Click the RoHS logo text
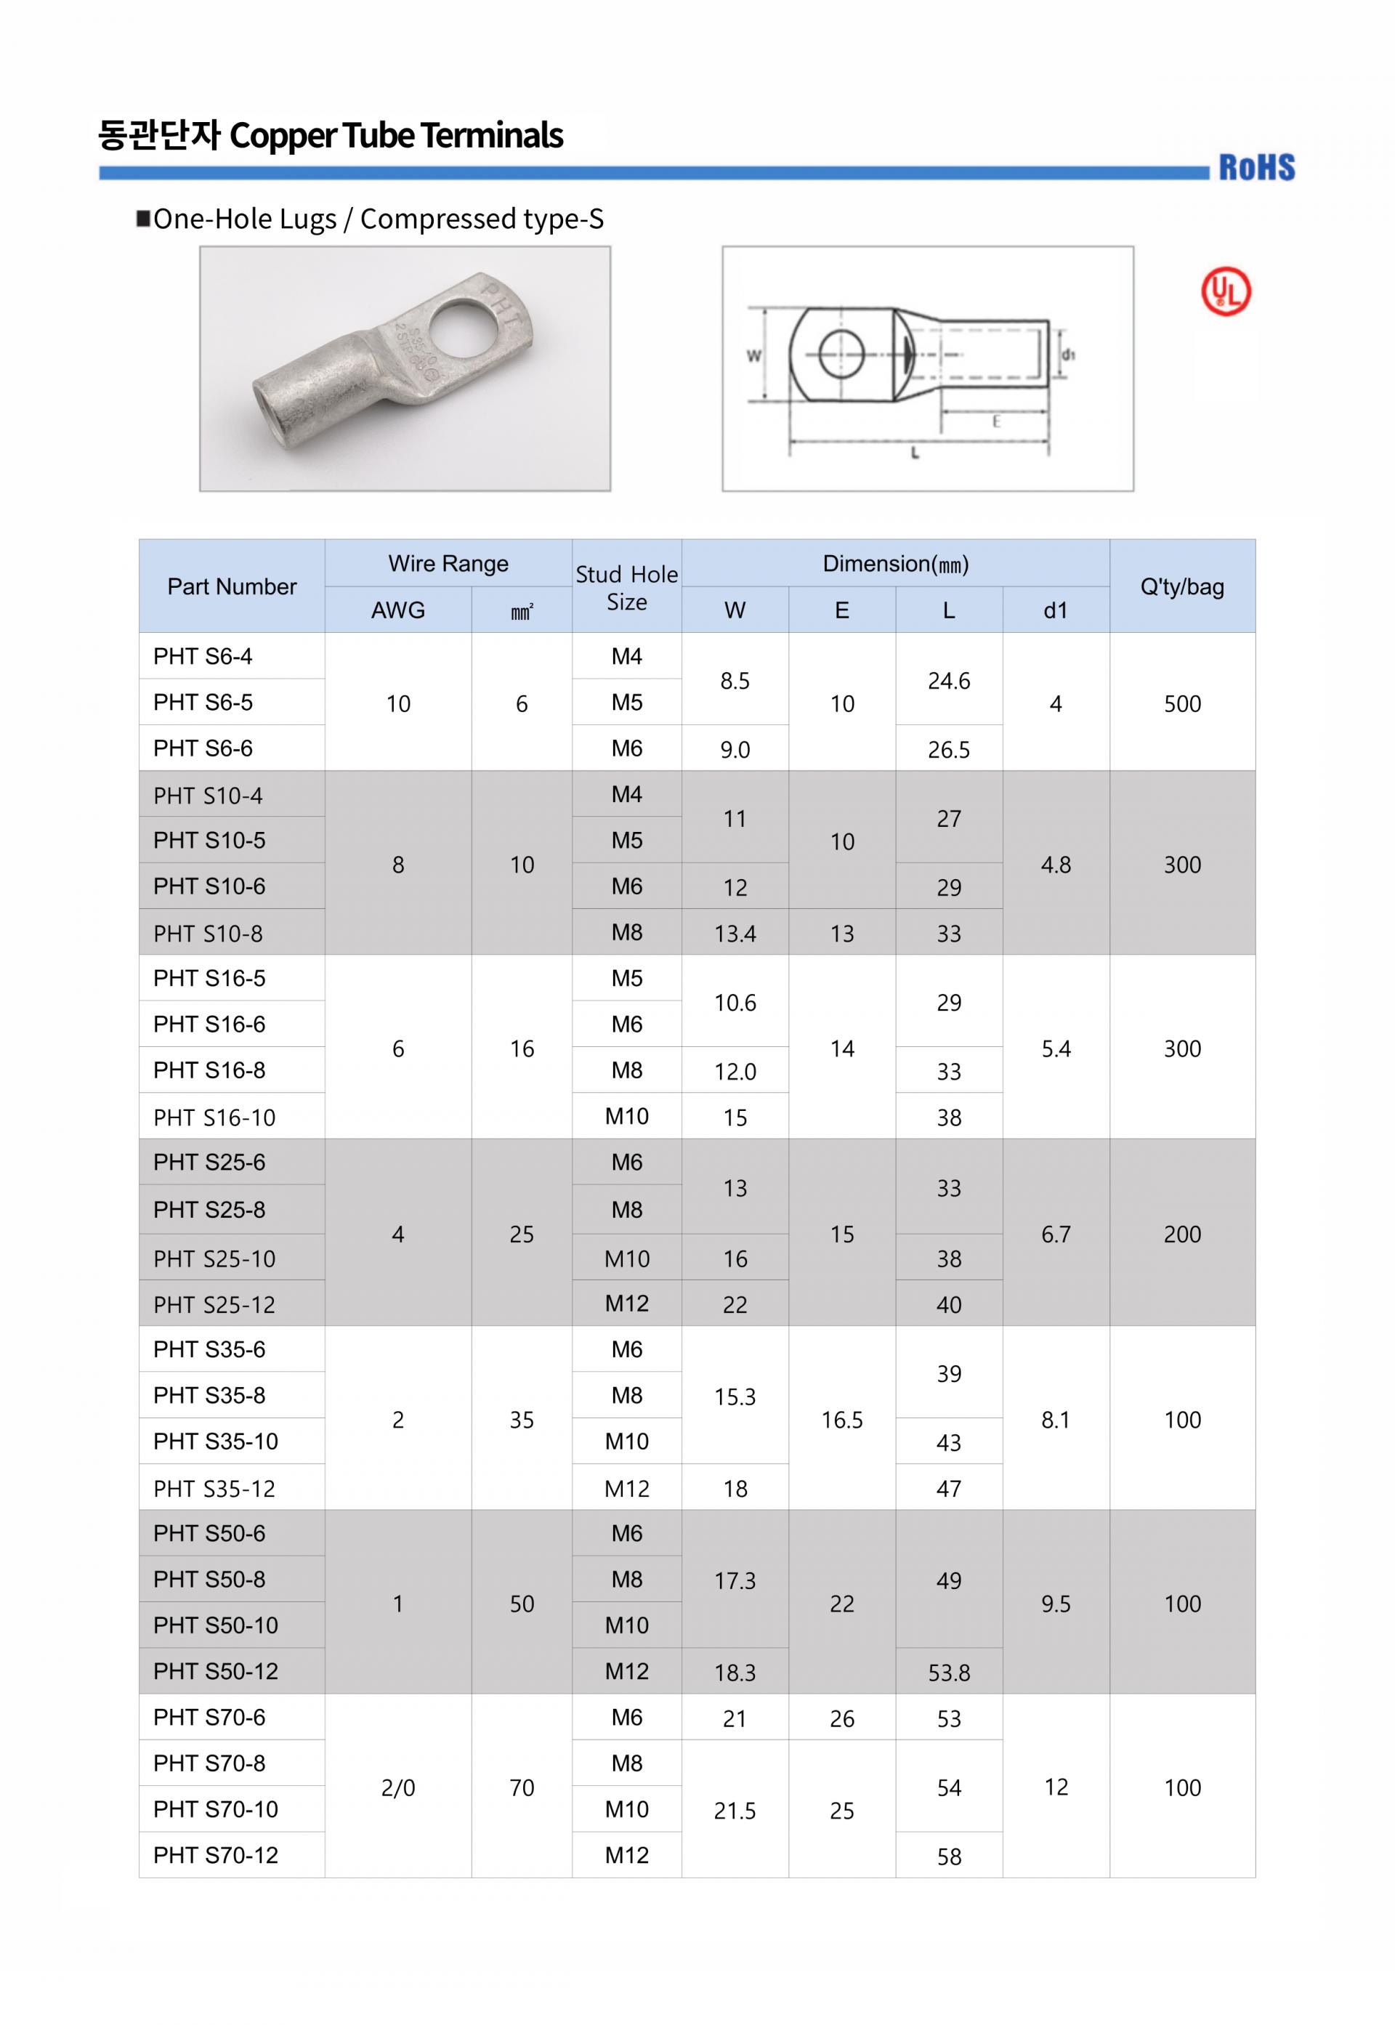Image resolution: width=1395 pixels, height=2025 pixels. pyautogui.click(x=1256, y=167)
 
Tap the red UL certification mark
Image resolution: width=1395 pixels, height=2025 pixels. pyautogui.click(x=1226, y=291)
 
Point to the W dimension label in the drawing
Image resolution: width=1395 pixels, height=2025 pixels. pyautogui.click(x=753, y=356)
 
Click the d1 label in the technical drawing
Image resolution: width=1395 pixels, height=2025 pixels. pyautogui.click(x=1068, y=354)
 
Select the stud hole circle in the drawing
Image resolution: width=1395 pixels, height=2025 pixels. pyautogui.click(x=841, y=354)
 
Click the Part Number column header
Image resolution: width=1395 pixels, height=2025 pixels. pyautogui.click(x=232, y=586)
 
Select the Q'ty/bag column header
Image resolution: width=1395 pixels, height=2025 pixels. pyautogui.click(x=1181, y=586)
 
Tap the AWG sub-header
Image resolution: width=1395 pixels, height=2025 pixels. pyautogui.click(x=397, y=610)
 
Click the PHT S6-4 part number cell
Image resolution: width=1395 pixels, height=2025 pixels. pyautogui.click(x=203, y=656)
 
